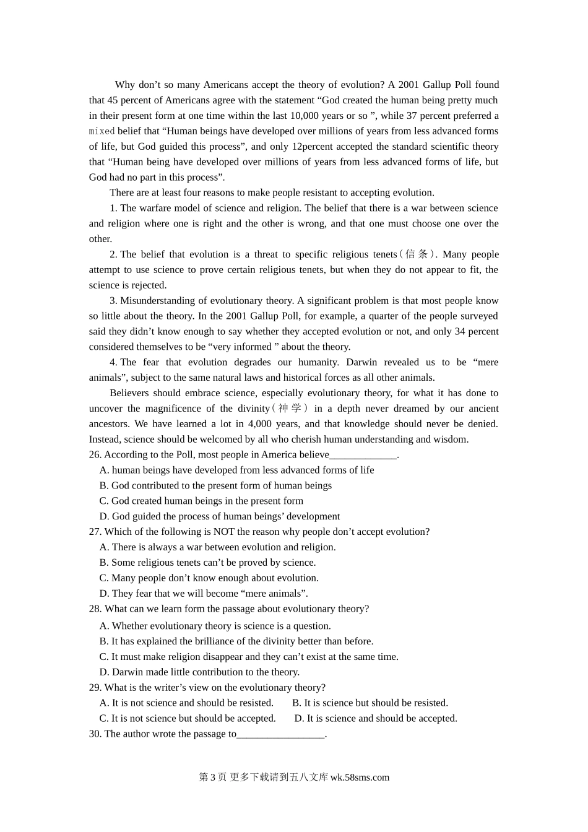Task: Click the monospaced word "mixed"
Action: pos(102,131)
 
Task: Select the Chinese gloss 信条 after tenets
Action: pos(417,254)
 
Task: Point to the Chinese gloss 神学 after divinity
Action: pos(290,409)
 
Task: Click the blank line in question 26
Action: pos(363,456)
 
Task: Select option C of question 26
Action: pos(201,501)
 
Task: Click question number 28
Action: pos(95,609)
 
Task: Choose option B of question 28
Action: pos(236,641)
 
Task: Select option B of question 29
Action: pos(370,703)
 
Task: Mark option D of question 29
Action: pos(375,719)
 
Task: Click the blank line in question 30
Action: pos(280,735)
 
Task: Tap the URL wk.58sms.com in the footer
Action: pos(360,778)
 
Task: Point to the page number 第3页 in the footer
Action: pos(212,778)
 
